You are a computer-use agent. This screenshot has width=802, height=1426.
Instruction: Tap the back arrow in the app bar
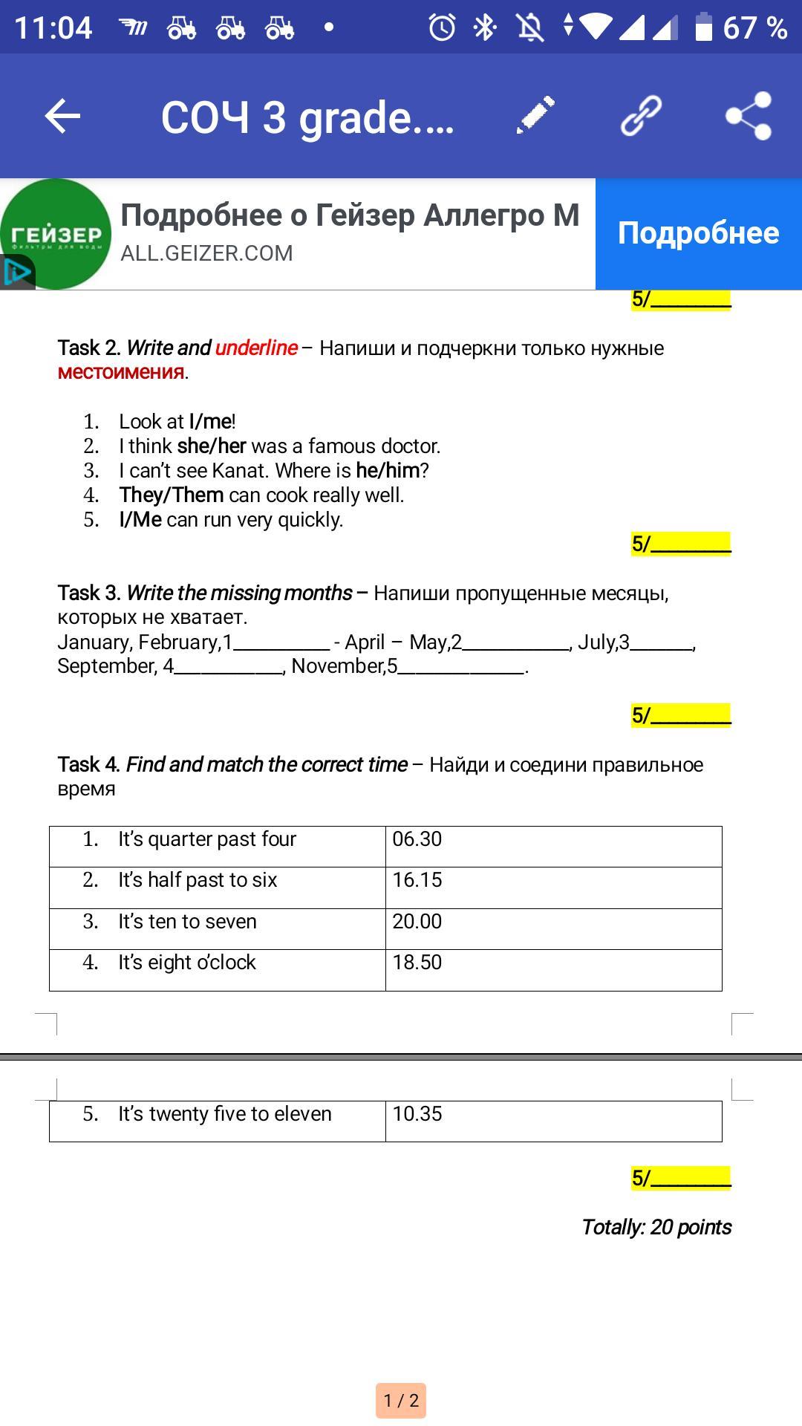[62, 117]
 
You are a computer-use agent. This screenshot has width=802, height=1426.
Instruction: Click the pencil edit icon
[535, 115]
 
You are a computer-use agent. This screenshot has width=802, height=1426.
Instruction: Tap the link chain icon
[641, 115]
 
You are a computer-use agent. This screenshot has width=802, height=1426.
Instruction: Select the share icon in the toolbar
[749, 116]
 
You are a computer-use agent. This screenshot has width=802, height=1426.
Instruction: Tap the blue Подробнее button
[698, 233]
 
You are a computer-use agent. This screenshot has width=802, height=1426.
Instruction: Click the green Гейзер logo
[56, 233]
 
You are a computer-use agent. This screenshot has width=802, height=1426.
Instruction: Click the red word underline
[256, 348]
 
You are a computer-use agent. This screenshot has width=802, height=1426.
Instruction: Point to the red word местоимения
[121, 372]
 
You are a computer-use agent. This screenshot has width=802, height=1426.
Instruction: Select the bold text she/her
[212, 446]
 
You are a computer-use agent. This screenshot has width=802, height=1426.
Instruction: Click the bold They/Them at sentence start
[172, 495]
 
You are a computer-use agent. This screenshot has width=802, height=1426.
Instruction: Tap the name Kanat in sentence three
[239, 470]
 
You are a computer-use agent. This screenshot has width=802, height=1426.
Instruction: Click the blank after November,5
[462, 666]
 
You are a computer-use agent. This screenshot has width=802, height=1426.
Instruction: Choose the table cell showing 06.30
[553, 846]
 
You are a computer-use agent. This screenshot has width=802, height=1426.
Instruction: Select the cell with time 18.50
[553, 969]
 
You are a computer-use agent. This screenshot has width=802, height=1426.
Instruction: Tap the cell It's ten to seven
[218, 928]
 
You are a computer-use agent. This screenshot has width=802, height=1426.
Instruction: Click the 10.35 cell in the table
[553, 1120]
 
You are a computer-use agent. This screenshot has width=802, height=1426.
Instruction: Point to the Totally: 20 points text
[656, 1227]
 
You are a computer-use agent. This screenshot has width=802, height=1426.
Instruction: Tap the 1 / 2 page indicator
[401, 1401]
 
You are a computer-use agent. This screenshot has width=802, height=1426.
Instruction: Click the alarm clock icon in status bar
[442, 28]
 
